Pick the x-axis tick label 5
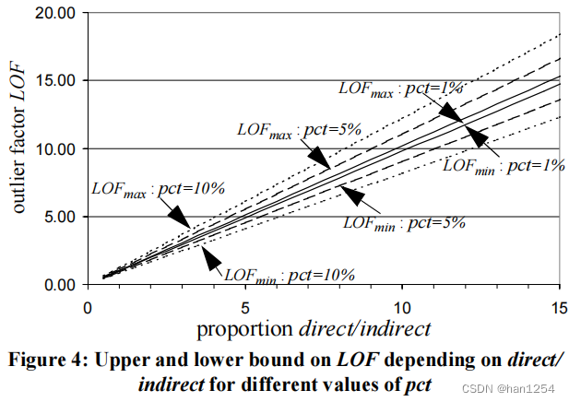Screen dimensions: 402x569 (x=244, y=304)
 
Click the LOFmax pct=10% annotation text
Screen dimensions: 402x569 (x=158, y=188)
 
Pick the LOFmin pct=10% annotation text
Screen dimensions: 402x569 (x=290, y=274)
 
